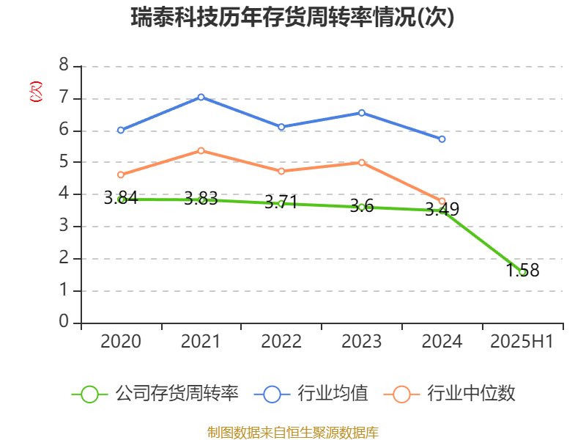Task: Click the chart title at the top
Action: [293, 17]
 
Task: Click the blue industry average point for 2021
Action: [201, 97]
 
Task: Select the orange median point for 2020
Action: [120, 175]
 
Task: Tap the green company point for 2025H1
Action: [522, 271]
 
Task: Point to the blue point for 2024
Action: [442, 139]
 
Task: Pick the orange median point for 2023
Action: [362, 162]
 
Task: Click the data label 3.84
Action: [120, 197]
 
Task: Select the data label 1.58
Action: [522, 271]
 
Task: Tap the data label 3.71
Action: [281, 202]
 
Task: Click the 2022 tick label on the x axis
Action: [281, 341]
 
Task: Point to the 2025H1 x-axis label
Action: [522, 341]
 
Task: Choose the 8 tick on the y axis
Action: [64, 65]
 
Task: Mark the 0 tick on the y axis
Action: [64, 322]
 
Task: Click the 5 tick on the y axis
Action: [64, 161]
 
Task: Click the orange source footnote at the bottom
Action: [293, 432]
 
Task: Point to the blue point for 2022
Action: [281, 127]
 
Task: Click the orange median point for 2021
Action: [201, 150]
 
